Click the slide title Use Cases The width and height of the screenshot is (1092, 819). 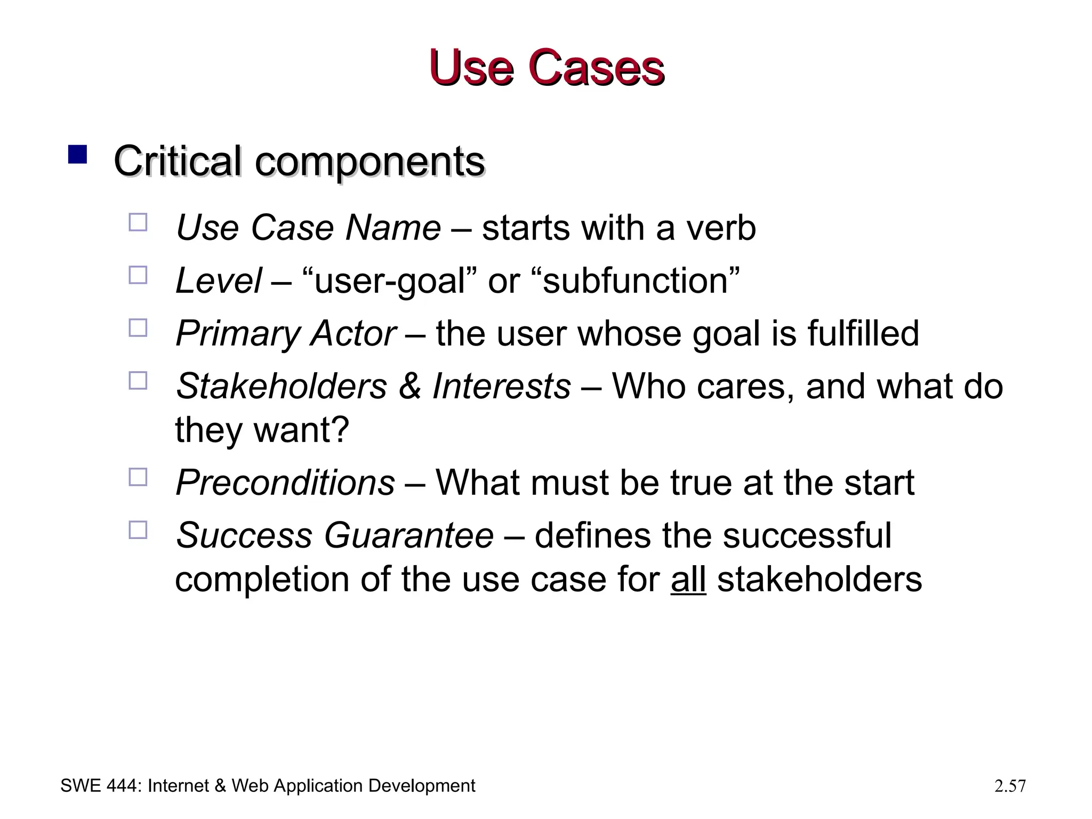coord(546,68)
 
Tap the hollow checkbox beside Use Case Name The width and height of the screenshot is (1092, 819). coord(138,222)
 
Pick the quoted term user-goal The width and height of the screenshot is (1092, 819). coord(390,280)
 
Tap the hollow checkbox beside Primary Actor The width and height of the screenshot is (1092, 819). coord(138,328)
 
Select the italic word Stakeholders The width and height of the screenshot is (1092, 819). coord(281,386)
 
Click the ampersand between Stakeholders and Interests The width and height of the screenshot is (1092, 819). coord(409,386)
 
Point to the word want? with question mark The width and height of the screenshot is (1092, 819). coord(301,429)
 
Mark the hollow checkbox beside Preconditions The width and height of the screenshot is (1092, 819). coord(138,477)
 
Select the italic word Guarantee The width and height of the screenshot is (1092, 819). coord(408,535)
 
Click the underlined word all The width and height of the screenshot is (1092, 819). coord(688,579)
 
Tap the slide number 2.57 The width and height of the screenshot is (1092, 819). coord(1010,786)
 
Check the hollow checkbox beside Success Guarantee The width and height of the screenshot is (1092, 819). coord(138,530)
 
